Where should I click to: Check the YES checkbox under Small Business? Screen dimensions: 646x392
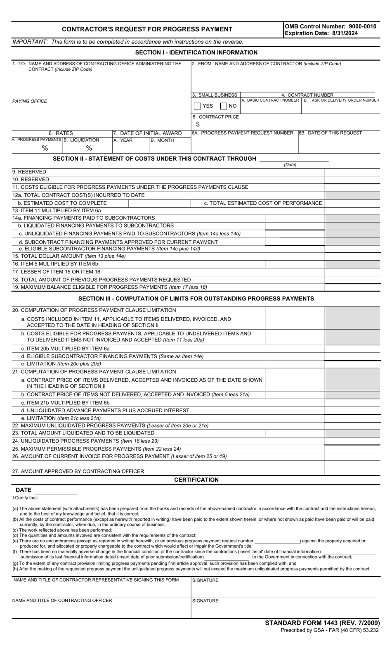(x=197, y=106)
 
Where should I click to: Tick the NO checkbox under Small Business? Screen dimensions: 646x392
(x=223, y=106)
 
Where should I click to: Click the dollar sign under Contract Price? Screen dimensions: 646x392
(x=198, y=124)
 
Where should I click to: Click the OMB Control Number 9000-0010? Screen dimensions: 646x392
(x=330, y=26)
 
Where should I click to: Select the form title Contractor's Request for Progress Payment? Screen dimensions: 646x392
(x=147, y=29)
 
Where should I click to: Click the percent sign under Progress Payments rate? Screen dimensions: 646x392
(x=45, y=148)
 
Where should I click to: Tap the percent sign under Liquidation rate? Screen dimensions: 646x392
(x=89, y=148)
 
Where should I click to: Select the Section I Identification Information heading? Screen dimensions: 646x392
(x=196, y=52)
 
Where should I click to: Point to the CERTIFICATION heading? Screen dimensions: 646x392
(x=196, y=480)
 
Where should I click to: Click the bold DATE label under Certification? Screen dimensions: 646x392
(x=24, y=490)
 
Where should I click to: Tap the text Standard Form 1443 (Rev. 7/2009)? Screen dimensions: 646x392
(x=322, y=623)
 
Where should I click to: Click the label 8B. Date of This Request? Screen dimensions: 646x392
(x=330, y=133)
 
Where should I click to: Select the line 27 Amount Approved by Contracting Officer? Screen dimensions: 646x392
(x=78, y=471)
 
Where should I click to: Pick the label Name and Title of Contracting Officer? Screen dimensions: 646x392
(x=62, y=601)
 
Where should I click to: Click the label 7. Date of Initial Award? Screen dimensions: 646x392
(x=147, y=133)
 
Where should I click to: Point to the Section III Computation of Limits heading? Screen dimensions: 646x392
(x=196, y=299)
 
